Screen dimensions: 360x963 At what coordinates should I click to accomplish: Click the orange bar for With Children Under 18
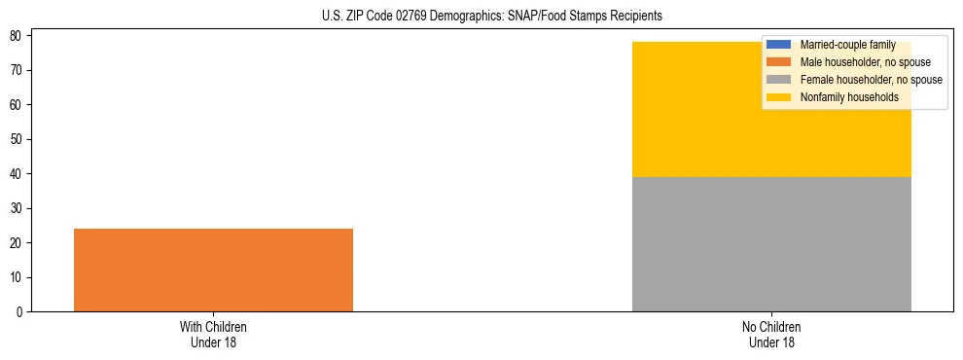[x=213, y=270]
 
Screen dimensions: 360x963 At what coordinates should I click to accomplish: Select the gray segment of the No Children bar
[x=771, y=244]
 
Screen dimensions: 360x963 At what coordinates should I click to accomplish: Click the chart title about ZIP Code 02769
[x=491, y=16]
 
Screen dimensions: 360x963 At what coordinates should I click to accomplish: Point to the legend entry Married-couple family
[x=847, y=45]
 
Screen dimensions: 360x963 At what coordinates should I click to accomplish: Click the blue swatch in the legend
[x=779, y=45]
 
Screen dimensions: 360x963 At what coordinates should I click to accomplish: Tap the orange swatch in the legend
[x=779, y=62]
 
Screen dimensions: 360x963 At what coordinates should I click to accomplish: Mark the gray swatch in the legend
[x=779, y=80]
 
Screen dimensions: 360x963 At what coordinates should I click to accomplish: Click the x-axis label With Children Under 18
[x=213, y=334]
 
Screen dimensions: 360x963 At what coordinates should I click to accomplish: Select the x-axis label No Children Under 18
[x=771, y=334]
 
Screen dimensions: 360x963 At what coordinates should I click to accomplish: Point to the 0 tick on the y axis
[x=21, y=312]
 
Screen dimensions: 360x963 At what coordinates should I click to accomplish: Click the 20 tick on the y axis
[x=18, y=243]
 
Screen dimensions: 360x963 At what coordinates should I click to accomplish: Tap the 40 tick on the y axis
[x=18, y=174]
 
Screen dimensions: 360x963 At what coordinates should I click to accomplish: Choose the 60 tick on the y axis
[x=18, y=105]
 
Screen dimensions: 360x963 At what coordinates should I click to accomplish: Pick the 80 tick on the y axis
[x=18, y=36]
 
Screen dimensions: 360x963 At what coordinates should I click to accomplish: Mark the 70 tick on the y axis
[x=18, y=70]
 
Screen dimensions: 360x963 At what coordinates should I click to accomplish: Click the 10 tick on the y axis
[x=18, y=277]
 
